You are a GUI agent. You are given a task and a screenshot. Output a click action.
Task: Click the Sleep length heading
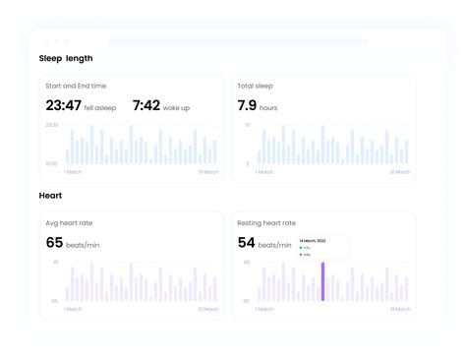tap(66, 58)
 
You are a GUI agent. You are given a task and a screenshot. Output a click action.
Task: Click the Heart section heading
tap(50, 196)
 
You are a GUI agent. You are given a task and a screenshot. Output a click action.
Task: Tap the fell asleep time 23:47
tap(62, 105)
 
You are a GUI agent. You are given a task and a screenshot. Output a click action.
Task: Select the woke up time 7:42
tap(146, 105)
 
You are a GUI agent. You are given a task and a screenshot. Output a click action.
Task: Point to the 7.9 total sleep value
tap(247, 105)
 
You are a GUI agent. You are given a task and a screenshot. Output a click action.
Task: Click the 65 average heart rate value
tap(54, 242)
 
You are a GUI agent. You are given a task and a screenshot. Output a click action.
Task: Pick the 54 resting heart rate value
tap(247, 242)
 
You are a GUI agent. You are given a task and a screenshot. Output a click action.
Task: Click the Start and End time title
tap(76, 86)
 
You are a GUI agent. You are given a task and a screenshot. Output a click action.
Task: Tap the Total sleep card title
tap(257, 86)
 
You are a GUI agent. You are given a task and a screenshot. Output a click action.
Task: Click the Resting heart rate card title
tap(266, 223)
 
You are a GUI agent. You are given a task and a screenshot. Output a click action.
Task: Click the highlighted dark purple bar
tap(322, 281)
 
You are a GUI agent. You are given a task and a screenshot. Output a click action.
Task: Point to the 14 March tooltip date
tap(312, 240)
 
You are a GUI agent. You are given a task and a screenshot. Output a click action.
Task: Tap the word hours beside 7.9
tap(268, 107)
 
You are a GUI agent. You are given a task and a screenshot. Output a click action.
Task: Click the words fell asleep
tap(102, 107)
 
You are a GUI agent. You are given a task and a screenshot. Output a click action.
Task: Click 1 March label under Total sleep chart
tap(264, 172)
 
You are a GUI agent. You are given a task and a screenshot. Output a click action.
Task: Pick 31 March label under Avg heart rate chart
tap(207, 309)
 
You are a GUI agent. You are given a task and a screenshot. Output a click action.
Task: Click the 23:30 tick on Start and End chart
tap(51, 125)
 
